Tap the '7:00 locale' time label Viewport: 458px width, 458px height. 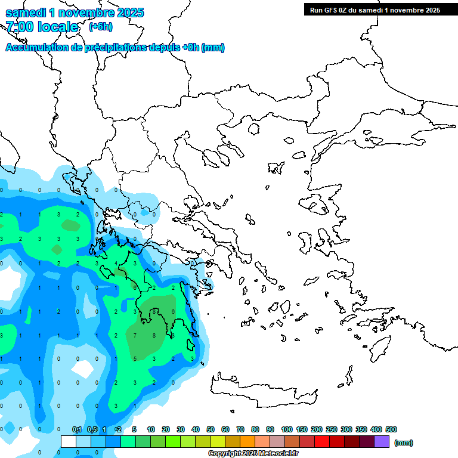click(42, 27)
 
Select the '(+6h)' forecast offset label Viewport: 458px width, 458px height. click(100, 27)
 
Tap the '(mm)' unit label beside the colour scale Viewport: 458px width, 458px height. click(404, 442)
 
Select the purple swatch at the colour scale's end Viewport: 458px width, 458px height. click(382, 442)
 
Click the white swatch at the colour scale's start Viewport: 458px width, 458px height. click(69, 442)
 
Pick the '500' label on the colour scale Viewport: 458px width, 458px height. click(391, 429)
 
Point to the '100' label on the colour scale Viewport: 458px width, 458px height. click(286, 429)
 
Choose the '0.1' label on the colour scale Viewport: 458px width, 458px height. click(77, 429)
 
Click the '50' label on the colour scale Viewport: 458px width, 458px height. click(211, 429)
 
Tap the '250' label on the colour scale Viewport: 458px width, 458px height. click(332, 429)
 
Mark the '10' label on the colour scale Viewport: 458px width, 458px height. click(151, 429)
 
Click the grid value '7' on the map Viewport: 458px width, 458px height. click(135, 336)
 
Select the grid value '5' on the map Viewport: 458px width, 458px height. click(135, 358)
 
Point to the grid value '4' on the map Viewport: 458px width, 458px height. click(116, 264)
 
